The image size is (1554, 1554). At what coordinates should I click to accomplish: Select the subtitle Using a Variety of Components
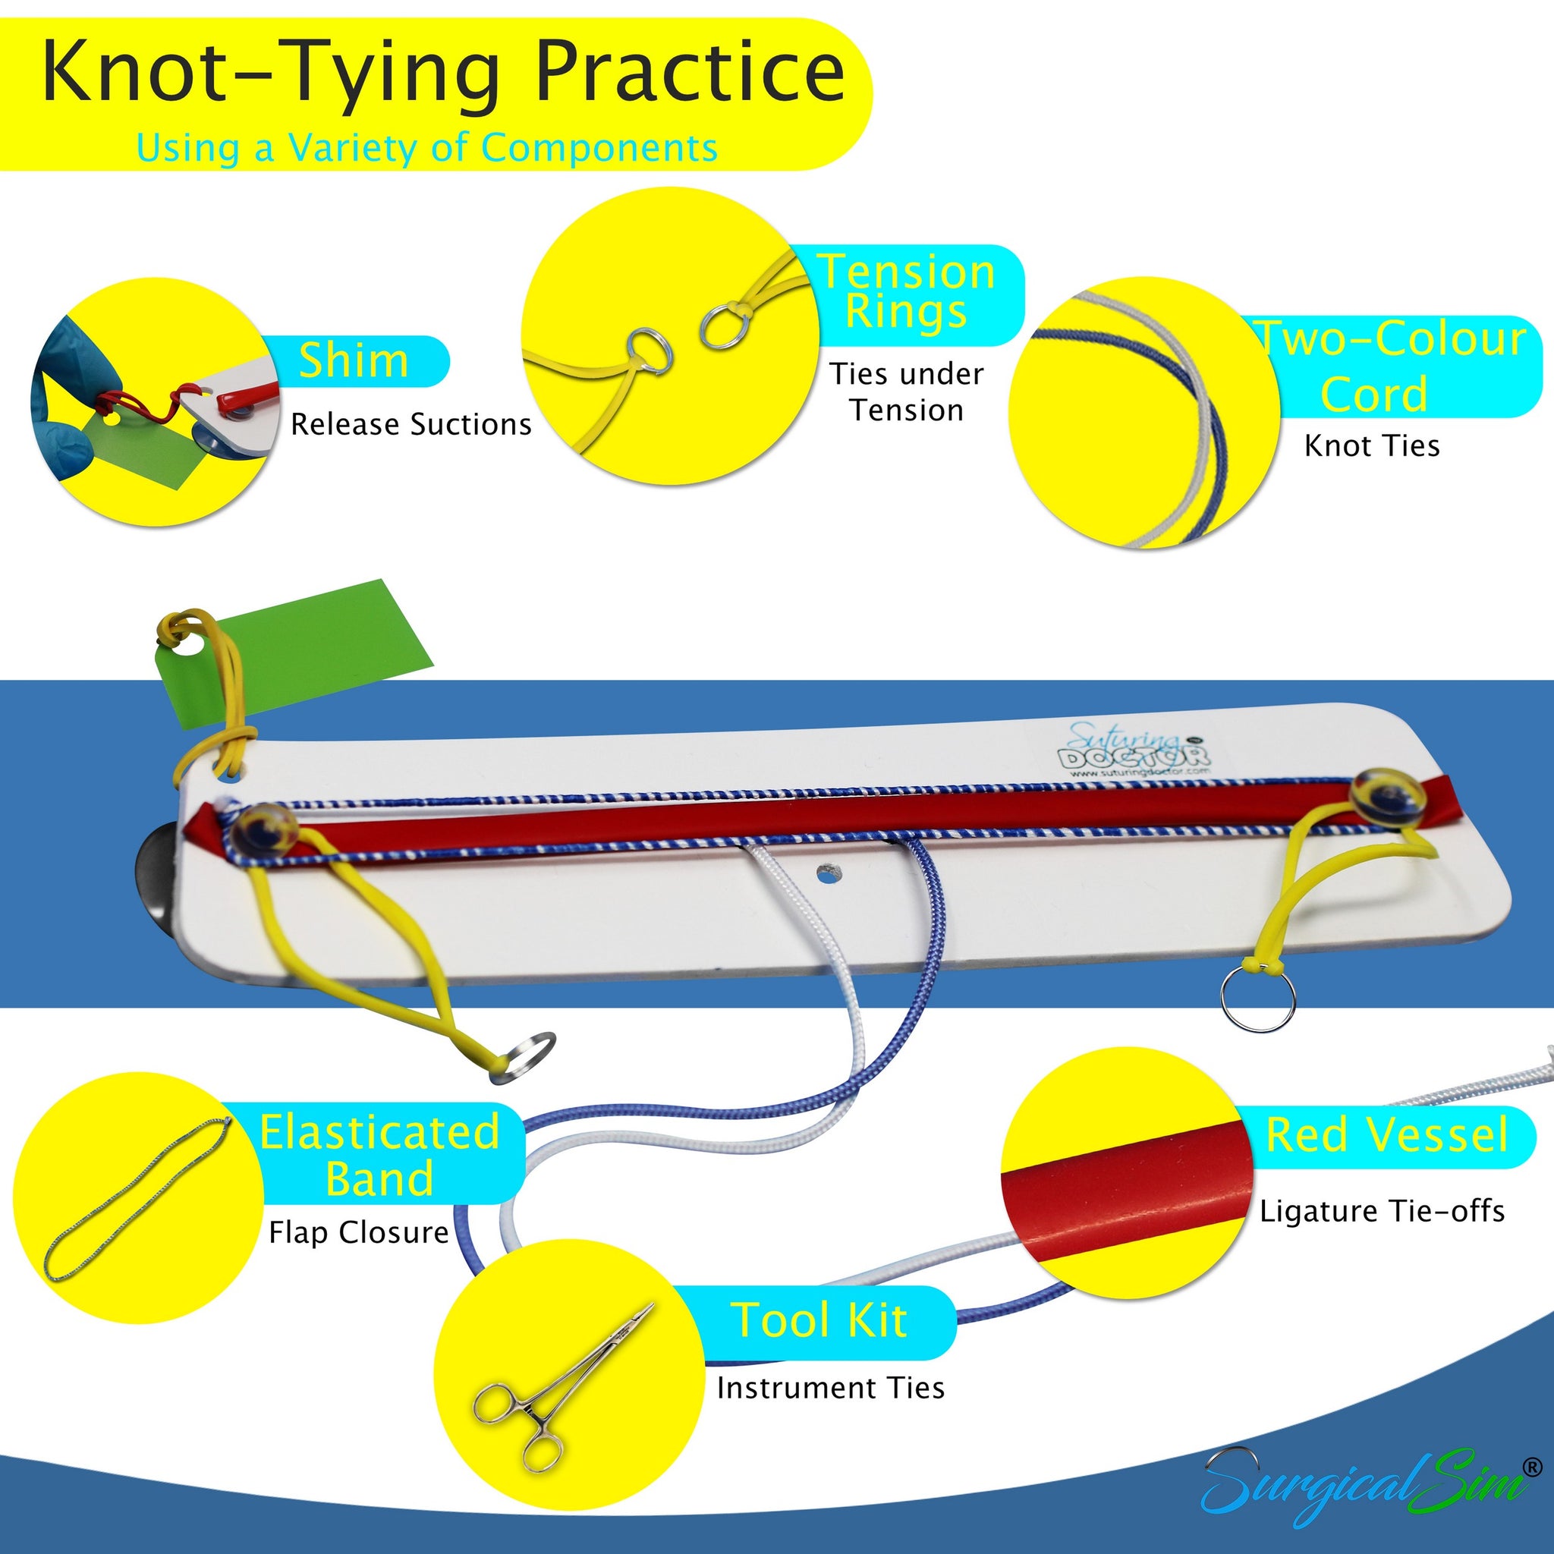pos(426,148)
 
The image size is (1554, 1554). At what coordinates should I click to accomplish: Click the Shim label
pos(354,360)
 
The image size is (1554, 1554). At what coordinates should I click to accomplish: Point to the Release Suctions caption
pos(411,425)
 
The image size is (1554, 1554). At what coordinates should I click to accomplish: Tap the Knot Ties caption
pos(1371,445)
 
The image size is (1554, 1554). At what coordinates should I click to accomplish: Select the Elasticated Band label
pos(379,1155)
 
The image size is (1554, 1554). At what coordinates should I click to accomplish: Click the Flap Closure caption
pos(359,1232)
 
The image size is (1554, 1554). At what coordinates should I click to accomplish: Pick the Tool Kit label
pos(819,1321)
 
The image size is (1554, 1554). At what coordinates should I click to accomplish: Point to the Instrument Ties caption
pos(830,1389)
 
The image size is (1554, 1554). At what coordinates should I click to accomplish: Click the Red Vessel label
pos(1386,1135)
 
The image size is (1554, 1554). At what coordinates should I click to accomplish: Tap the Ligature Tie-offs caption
pos(1381,1211)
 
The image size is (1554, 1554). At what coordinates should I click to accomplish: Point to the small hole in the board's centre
pos(826,870)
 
